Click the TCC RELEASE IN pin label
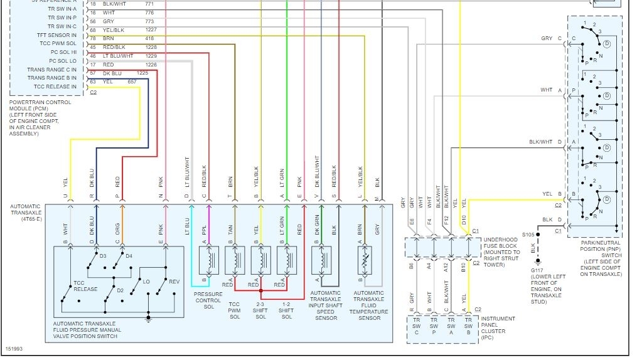55,87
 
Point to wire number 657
132,82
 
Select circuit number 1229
151,56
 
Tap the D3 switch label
103,255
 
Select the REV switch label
174,282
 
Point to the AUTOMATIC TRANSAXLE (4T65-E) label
27,211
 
